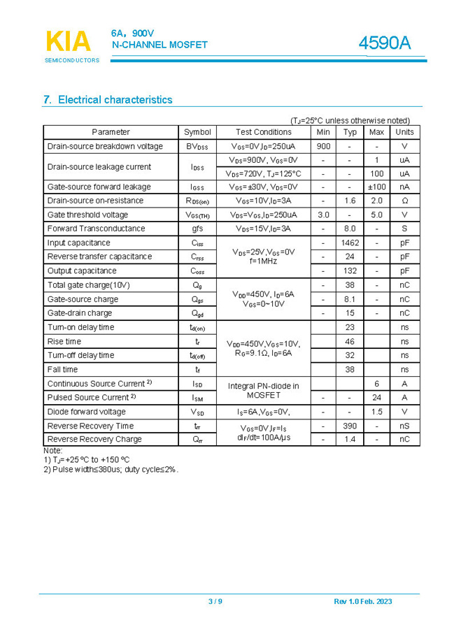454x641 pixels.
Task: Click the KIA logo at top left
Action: pyautogui.click(x=68, y=42)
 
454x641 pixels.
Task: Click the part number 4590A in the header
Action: pyautogui.click(x=384, y=43)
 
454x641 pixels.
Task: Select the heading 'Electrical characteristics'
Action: pyautogui.click(x=115, y=100)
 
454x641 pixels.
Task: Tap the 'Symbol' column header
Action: pyautogui.click(x=197, y=132)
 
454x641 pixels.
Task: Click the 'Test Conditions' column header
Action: pyautogui.click(x=263, y=132)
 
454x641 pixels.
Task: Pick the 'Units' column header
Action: pyautogui.click(x=404, y=132)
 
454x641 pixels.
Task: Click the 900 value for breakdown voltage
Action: pyautogui.click(x=323, y=146)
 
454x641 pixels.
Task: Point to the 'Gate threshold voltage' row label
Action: pyautogui.click(x=87, y=215)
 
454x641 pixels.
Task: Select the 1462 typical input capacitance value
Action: pyautogui.click(x=349, y=243)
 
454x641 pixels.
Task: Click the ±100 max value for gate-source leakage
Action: pyautogui.click(x=376, y=187)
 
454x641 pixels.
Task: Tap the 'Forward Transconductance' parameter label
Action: pyautogui.click(x=96, y=229)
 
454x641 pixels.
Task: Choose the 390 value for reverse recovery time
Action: pyautogui.click(x=349, y=426)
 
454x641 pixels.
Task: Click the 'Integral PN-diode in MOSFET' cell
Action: pyautogui.click(x=263, y=390)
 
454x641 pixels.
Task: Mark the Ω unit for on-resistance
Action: pyautogui.click(x=404, y=201)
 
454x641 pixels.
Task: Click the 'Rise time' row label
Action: pyautogui.click(x=64, y=341)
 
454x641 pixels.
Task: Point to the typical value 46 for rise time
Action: pyautogui.click(x=350, y=341)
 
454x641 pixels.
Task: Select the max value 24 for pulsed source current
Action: pyautogui.click(x=376, y=397)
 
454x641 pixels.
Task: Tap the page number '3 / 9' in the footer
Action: pyautogui.click(x=215, y=602)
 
